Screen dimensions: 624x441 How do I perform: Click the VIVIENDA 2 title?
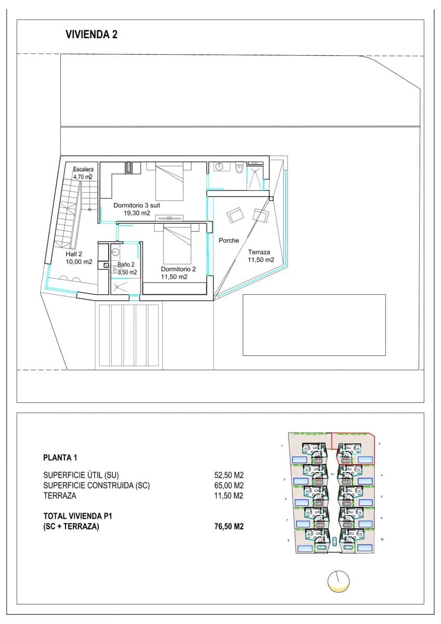pos(92,35)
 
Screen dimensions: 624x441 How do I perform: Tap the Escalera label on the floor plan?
pos(83,170)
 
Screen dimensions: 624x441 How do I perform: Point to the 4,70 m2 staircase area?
pos(83,177)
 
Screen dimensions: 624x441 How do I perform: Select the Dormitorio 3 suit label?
pos(137,205)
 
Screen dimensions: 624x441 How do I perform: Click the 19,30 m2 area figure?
pos(137,213)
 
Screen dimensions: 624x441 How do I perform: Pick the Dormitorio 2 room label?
pos(178,269)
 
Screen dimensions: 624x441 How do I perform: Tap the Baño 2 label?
pos(126,265)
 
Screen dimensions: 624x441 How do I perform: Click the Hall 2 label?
pos(74,254)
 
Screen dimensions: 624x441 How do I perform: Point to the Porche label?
pos(229,241)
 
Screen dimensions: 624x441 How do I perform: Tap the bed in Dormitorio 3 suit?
pos(169,181)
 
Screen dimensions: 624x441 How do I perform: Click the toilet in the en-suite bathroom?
pos(239,167)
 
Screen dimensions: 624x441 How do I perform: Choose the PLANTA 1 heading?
pos(60,458)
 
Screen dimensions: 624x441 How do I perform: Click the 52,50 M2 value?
pos(229,475)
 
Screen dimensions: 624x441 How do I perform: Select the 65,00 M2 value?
pos(229,486)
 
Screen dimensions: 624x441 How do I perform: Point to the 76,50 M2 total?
pos(229,526)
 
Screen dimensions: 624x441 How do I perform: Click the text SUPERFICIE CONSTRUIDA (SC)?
pos(97,486)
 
